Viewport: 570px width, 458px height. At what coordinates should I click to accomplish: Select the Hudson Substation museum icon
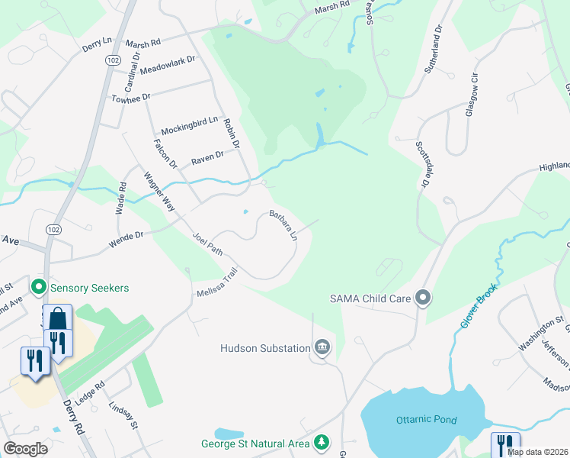click(322, 348)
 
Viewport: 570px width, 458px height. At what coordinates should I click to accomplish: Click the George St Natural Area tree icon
click(322, 443)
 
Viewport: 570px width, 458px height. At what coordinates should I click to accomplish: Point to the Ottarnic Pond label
click(426, 420)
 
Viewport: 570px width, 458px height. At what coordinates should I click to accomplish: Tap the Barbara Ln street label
click(282, 226)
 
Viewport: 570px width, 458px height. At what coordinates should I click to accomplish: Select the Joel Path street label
click(208, 244)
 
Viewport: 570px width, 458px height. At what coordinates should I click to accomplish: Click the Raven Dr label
click(207, 156)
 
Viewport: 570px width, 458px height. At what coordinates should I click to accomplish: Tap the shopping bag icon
click(58, 317)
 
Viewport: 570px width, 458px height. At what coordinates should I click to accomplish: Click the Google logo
click(25, 449)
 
